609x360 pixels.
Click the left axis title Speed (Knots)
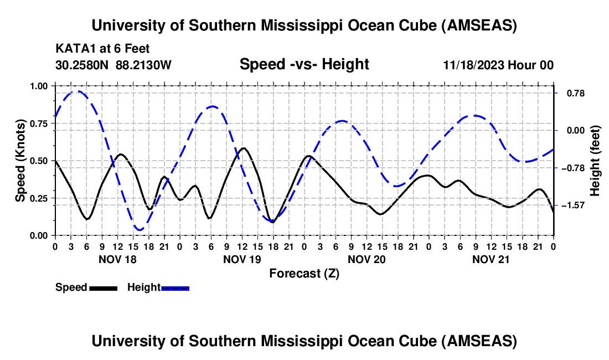click(x=20, y=161)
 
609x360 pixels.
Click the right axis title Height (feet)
click(x=595, y=161)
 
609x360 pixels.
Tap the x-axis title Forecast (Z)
click(x=304, y=273)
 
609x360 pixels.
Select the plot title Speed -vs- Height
click(x=304, y=64)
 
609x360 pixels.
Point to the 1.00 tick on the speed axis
click(x=39, y=86)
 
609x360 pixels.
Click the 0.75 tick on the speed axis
click(x=39, y=124)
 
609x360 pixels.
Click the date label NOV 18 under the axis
click(x=117, y=259)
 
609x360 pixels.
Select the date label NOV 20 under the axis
click(x=367, y=259)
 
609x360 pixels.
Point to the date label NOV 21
click(x=491, y=259)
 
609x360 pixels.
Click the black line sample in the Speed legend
click(x=103, y=288)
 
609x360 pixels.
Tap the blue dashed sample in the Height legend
click(x=175, y=288)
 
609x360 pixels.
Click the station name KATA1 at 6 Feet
click(x=102, y=49)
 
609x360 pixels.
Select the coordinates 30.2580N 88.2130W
click(x=113, y=65)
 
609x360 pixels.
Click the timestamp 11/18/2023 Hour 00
click(x=498, y=65)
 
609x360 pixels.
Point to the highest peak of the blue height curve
click(x=78, y=91)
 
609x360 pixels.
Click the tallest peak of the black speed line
click(x=243, y=148)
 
